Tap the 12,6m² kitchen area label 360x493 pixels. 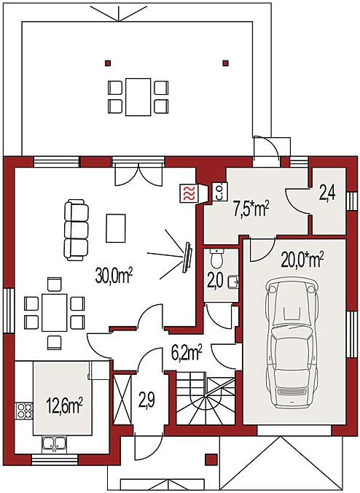pyautogui.click(x=64, y=405)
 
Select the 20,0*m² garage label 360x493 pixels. pyautogui.click(x=302, y=260)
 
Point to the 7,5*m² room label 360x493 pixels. pyautogui.click(x=251, y=210)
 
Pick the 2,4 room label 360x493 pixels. pyautogui.click(x=328, y=194)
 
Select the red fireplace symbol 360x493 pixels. pyautogui.click(x=189, y=193)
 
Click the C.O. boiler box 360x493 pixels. pyautogui.click(x=219, y=192)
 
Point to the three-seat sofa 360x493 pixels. pyautogui.click(x=76, y=230)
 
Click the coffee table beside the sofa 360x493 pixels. pyautogui.click(x=116, y=228)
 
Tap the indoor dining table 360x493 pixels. pyautogui.click(x=55, y=312)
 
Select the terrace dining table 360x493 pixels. pyautogui.click(x=138, y=97)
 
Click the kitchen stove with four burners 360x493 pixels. pyautogui.click(x=24, y=411)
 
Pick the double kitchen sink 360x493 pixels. pyautogui.click(x=55, y=444)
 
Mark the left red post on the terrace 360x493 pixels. pyautogui.click(x=108, y=63)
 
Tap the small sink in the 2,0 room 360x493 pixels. pyautogui.click(x=233, y=282)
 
